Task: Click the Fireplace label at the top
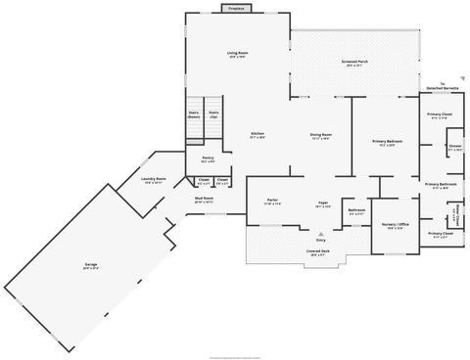click(x=236, y=8)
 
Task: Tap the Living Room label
click(x=237, y=53)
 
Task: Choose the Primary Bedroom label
click(x=389, y=142)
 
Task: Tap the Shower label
click(x=455, y=147)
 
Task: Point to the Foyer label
click(x=321, y=203)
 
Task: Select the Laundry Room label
click(x=154, y=179)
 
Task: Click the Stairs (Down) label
click(x=194, y=113)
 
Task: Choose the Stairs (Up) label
click(x=213, y=113)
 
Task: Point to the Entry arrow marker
click(x=320, y=234)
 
